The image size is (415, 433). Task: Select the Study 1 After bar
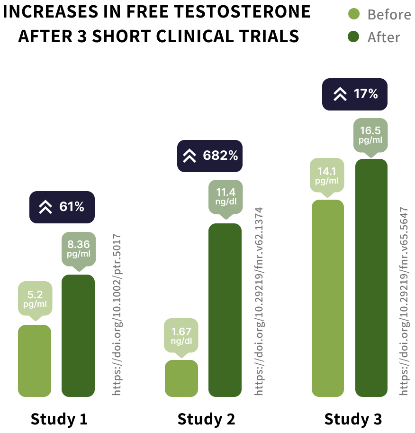(x=78, y=335)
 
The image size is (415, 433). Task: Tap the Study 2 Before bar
(x=181, y=378)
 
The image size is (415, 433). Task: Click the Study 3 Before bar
(x=328, y=298)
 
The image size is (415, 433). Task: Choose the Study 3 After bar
(x=371, y=277)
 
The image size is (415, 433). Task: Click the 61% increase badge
(x=62, y=207)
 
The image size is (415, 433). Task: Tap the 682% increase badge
(x=210, y=156)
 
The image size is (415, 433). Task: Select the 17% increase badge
(x=355, y=94)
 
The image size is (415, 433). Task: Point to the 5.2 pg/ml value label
(x=35, y=298)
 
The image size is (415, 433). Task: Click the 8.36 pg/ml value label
(x=79, y=249)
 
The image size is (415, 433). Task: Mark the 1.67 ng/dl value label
(x=181, y=335)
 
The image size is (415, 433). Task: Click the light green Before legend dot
(x=353, y=14)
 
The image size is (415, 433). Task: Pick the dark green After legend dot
(x=353, y=37)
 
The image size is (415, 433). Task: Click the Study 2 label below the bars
(x=206, y=419)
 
